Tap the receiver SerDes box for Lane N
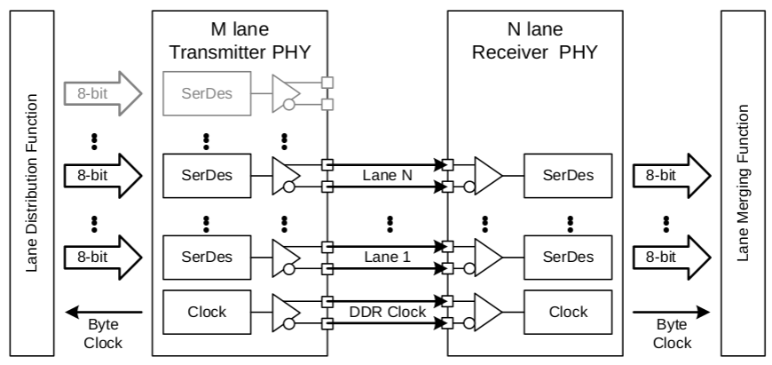568,173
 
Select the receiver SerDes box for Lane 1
568,256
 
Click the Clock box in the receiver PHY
568,312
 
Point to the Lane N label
388,175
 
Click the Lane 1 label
388,258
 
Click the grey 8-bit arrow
97,93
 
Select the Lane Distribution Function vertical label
33,182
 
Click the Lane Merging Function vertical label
744,182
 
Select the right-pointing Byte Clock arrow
672,312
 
